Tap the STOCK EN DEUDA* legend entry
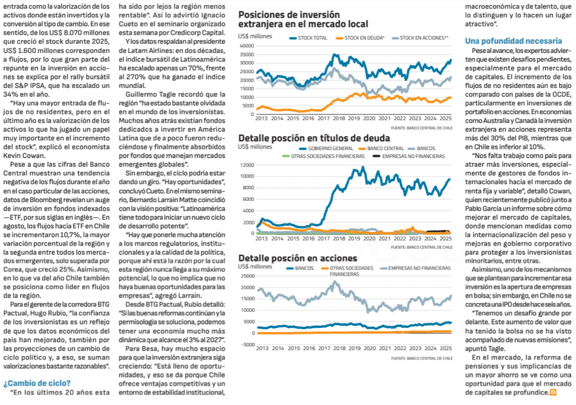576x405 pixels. tap(363, 38)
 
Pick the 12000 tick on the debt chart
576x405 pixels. tap(247, 165)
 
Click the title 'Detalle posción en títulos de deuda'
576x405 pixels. tap(314, 138)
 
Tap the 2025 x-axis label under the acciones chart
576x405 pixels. tap(444, 349)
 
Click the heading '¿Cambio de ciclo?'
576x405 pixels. tap(37, 383)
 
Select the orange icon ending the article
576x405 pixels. tap(554, 392)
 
